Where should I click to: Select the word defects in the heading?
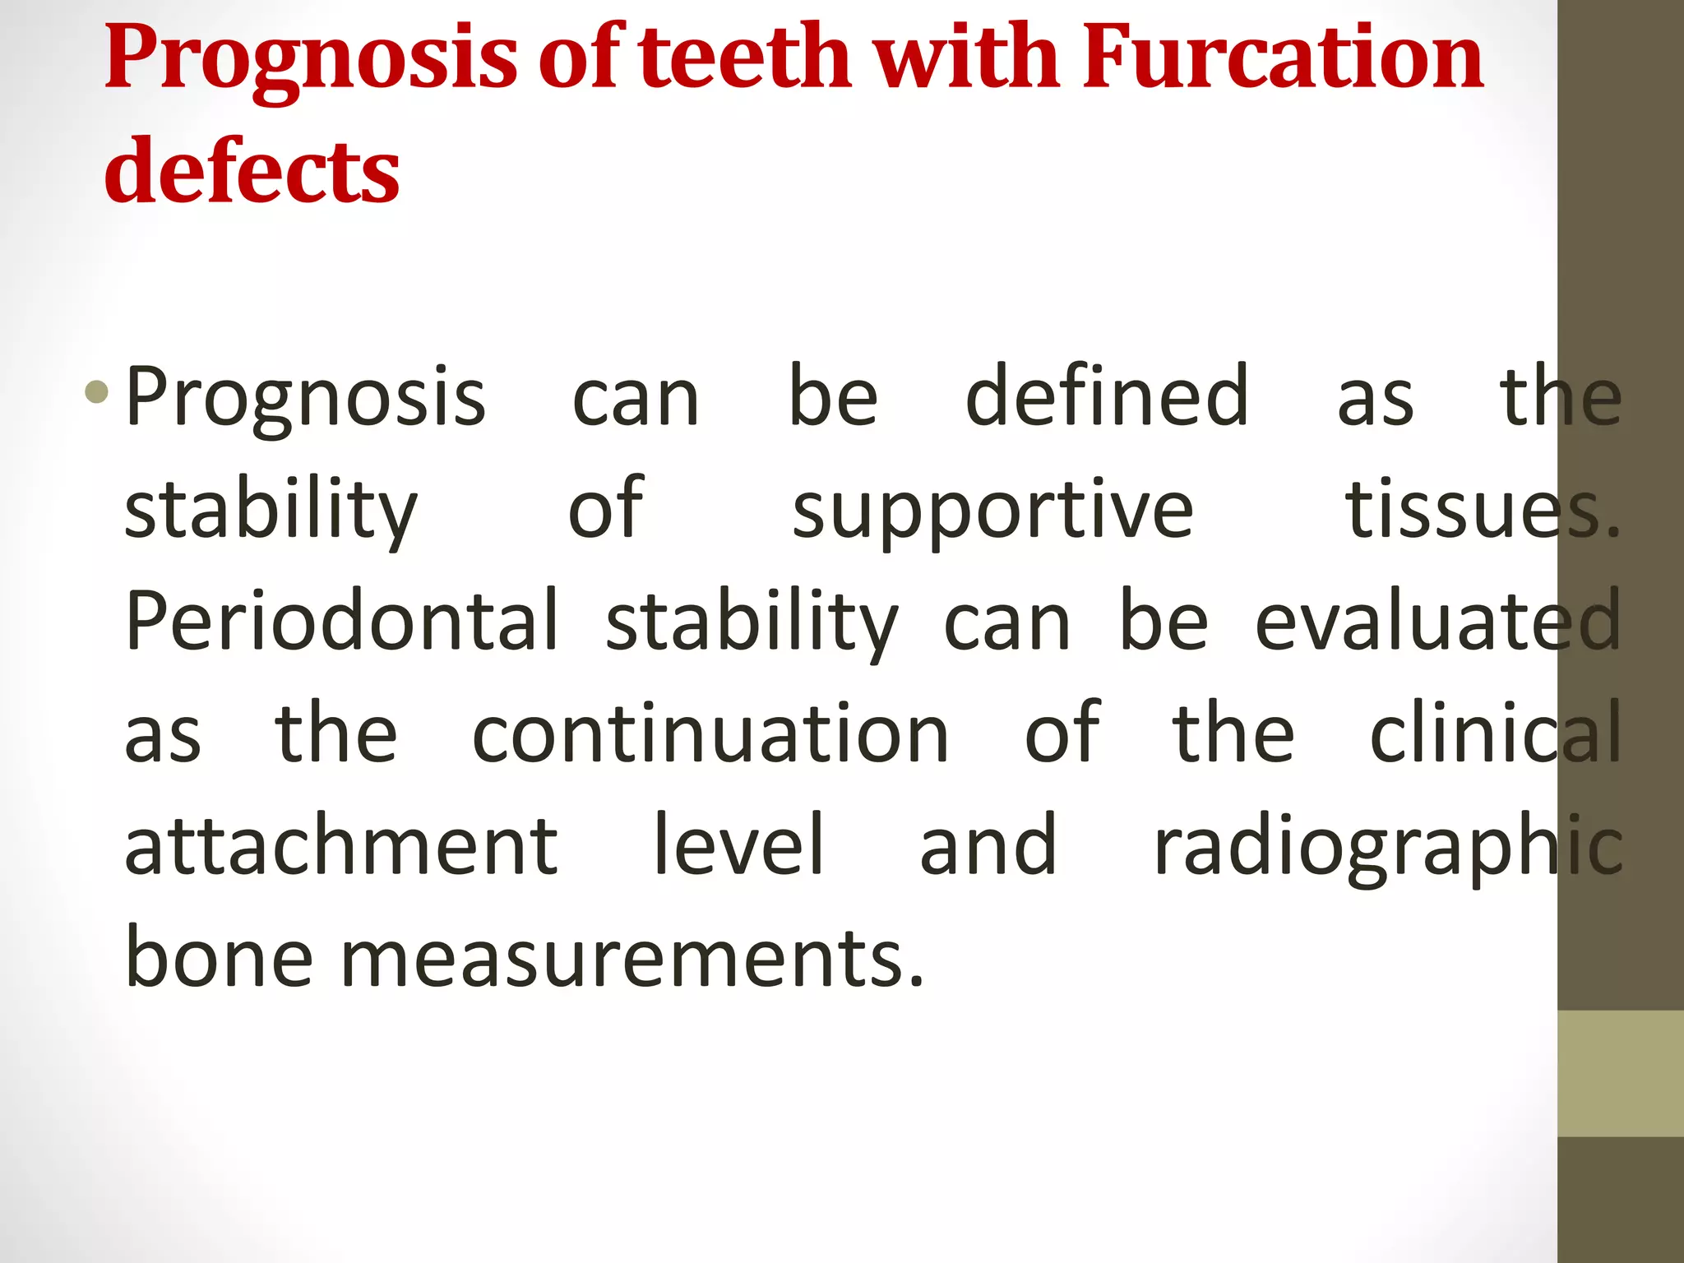[252, 171]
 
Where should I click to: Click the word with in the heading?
[966, 58]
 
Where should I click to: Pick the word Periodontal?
[341, 621]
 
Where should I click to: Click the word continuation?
[710, 733]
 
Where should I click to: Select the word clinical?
[1496, 733]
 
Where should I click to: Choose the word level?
[738, 845]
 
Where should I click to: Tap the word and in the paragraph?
[988, 845]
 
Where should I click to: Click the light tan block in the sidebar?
[1621, 1073]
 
